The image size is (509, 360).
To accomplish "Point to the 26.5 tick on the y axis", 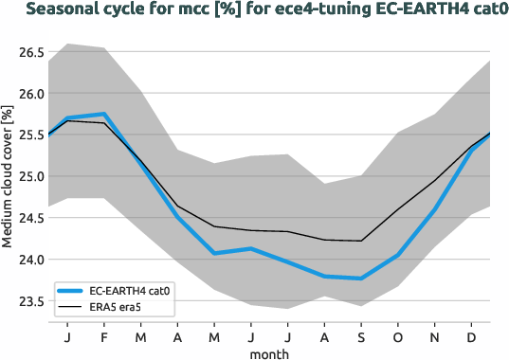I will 31,52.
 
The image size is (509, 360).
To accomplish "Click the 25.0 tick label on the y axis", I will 31,176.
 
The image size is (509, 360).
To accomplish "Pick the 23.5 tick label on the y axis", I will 31,301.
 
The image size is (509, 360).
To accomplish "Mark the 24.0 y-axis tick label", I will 31,260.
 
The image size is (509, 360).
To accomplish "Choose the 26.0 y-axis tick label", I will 31,94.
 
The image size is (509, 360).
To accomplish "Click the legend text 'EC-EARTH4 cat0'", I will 127,292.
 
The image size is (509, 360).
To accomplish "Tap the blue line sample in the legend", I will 70,292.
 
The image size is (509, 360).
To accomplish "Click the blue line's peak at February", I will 104,114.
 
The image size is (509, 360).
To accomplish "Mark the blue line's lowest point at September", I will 361,279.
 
